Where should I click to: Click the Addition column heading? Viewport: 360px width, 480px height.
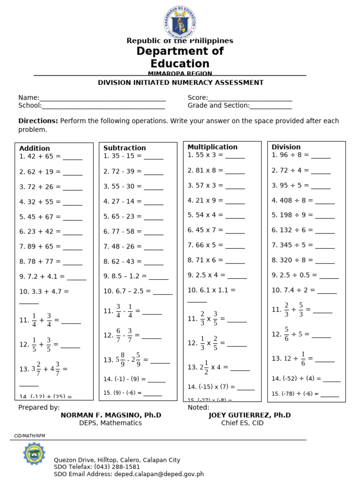point(35,148)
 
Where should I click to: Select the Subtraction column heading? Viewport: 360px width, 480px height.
point(125,148)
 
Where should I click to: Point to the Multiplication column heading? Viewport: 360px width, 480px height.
point(212,147)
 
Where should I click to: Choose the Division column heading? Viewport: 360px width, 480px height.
point(286,147)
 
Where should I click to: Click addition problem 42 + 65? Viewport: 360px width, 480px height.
point(40,157)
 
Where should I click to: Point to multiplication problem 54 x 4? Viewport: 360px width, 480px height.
point(205,215)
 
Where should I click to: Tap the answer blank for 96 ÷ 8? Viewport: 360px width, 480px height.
point(321,156)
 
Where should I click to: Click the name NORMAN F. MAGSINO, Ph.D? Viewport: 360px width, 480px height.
point(111,415)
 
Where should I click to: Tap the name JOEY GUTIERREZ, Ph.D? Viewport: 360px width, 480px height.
point(249,415)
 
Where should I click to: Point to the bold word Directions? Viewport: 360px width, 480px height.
point(38,121)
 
